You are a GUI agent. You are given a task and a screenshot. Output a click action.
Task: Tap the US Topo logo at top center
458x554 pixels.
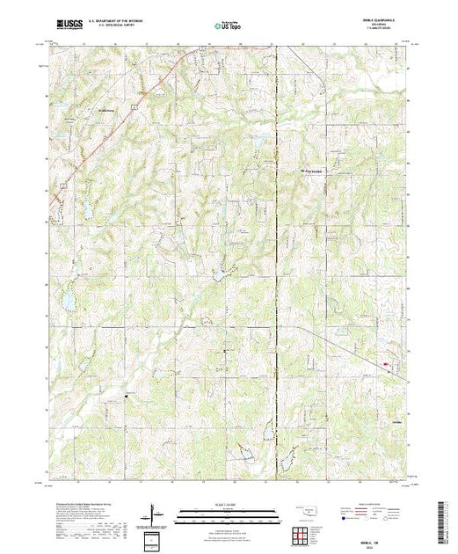click(228, 27)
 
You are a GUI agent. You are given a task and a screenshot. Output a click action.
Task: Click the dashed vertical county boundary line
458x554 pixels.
click(277, 264)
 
